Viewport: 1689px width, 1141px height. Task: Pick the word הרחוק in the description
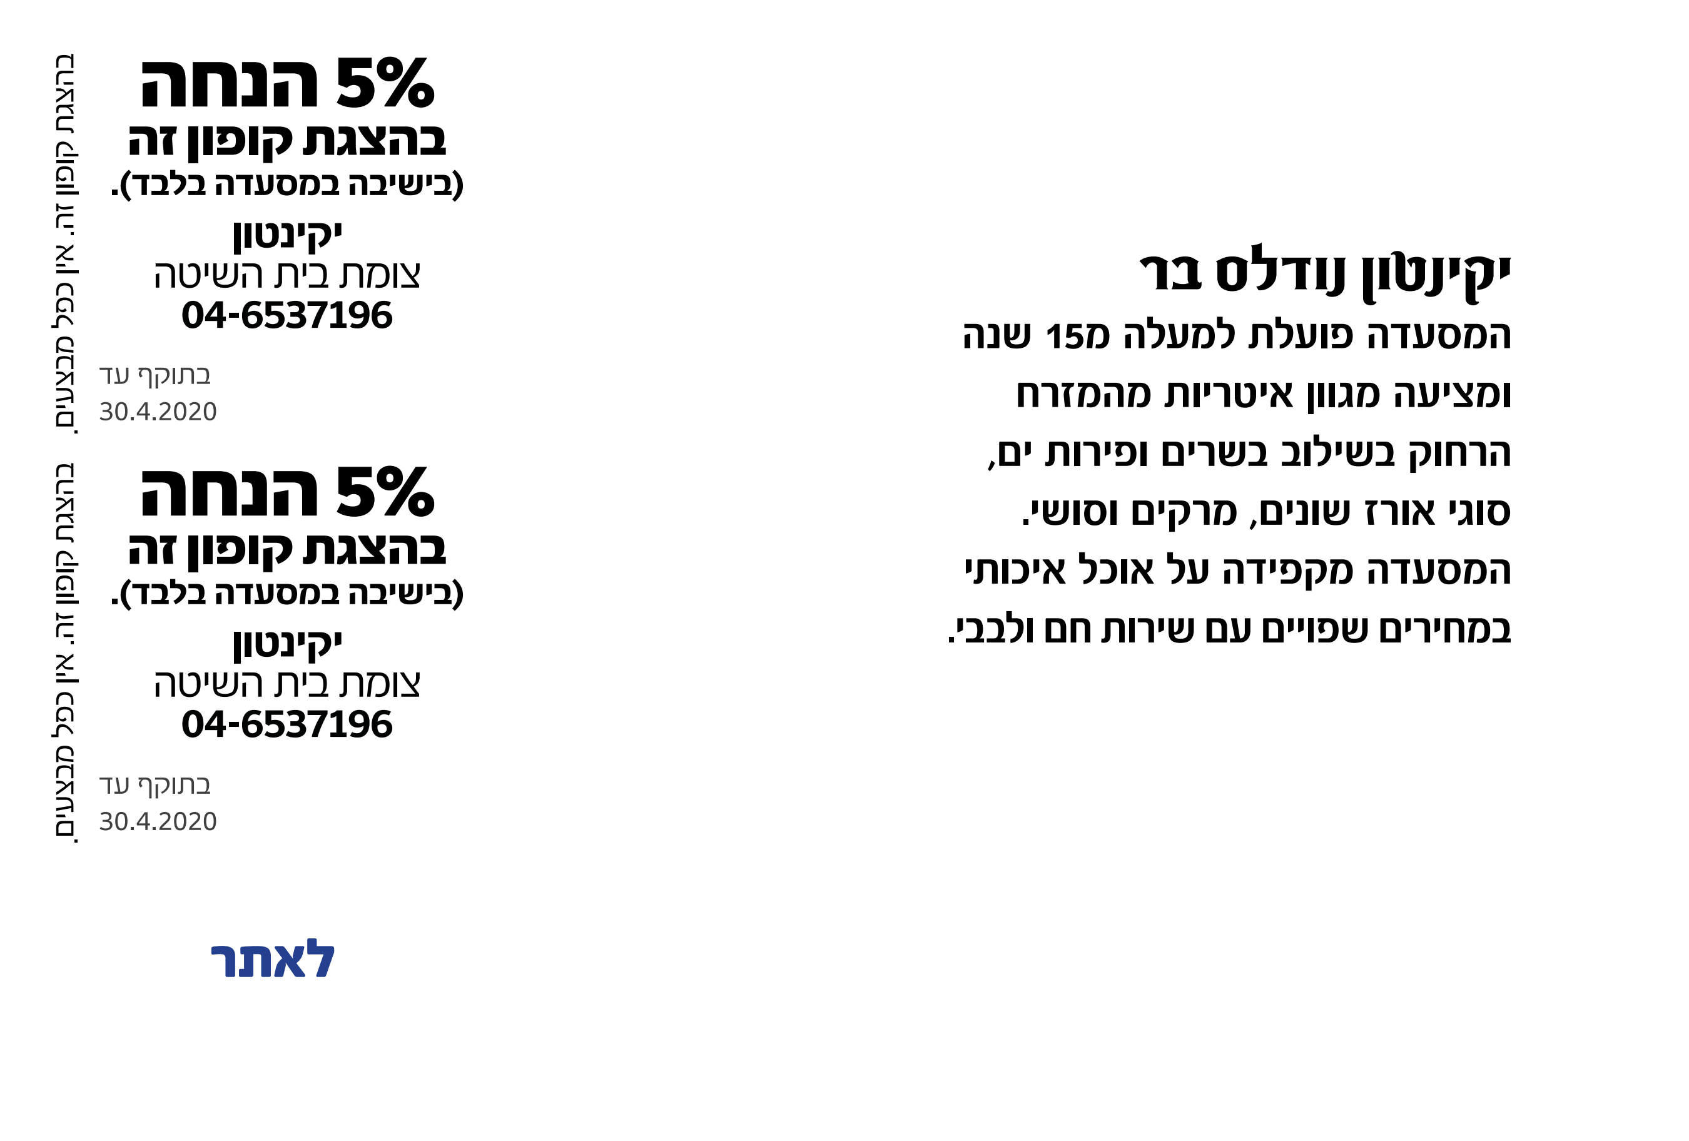click(1460, 454)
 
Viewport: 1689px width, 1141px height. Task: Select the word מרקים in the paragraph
click(1184, 512)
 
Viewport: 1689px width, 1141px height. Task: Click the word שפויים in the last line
click(1316, 630)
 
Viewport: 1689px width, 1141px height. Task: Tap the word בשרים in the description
click(1215, 454)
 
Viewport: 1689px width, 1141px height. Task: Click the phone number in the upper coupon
click(287, 315)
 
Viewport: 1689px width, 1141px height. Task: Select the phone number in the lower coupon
click(287, 724)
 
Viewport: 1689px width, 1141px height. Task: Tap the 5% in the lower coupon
click(385, 492)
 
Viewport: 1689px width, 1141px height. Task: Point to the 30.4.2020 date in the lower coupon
click(158, 821)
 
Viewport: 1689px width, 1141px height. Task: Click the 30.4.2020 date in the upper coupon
click(158, 412)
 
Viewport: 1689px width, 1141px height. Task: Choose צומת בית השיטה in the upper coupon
click(287, 275)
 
